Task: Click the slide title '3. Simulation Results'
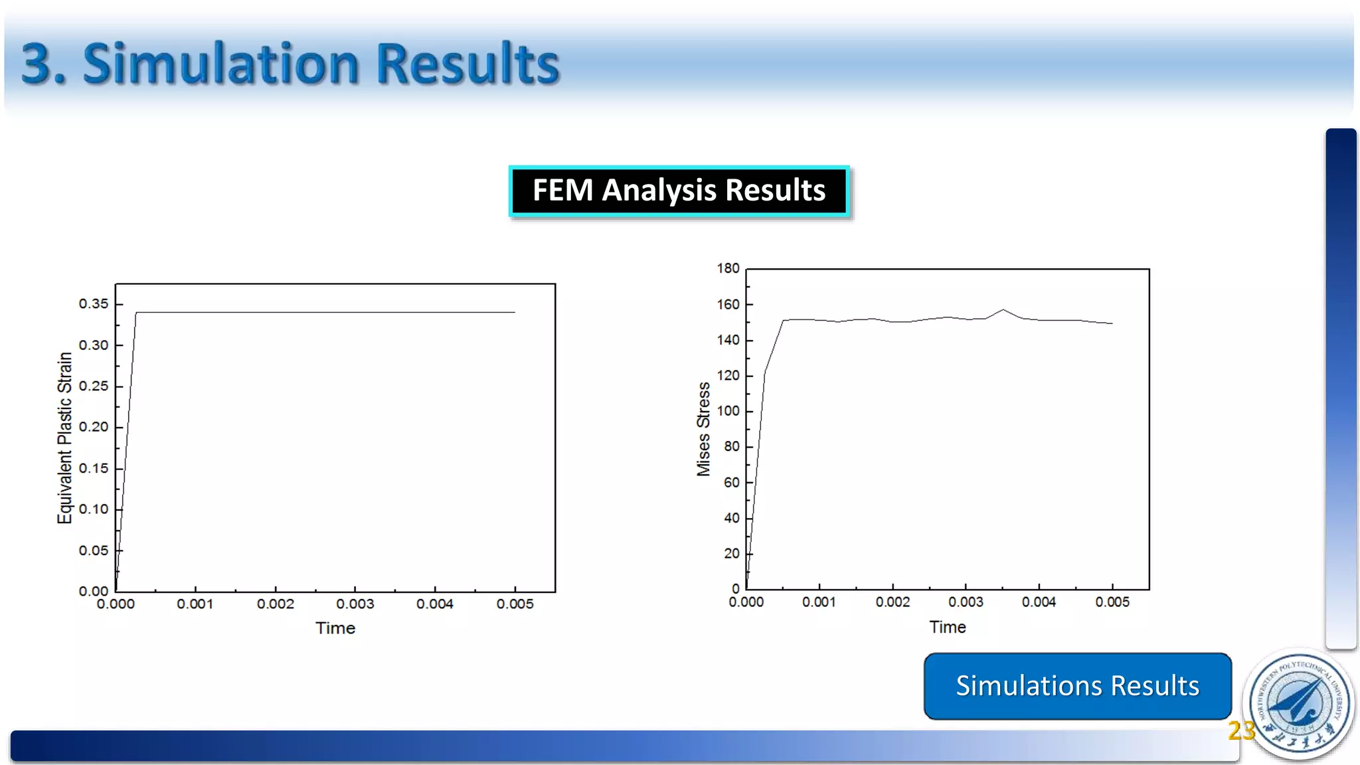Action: (x=290, y=64)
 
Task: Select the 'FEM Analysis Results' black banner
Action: (x=679, y=191)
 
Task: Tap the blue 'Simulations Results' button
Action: (x=1077, y=686)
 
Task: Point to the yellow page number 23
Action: (x=1240, y=730)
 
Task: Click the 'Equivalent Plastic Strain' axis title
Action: (x=64, y=438)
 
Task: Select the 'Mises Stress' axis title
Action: (x=703, y=429)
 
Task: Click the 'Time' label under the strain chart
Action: (x=335, y=628)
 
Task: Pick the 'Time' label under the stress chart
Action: (x=948, y=627)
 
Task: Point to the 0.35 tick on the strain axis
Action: (x=94, y=304)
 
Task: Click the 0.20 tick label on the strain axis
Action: (x=94, y=427)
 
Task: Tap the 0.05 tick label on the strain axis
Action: (x=94, y=551)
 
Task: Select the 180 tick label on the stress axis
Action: (x=728, y=268)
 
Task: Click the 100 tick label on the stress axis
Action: (x=728, y=411)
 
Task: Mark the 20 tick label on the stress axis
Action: (x=731, y=553)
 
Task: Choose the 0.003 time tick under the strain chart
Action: (x=355, y=604)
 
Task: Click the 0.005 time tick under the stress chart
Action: (x=1112, y=602)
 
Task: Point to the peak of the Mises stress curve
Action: (x=1003, y=309)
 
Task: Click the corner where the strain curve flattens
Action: (x=136, y=312)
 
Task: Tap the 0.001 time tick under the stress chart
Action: (x=819, y=602)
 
